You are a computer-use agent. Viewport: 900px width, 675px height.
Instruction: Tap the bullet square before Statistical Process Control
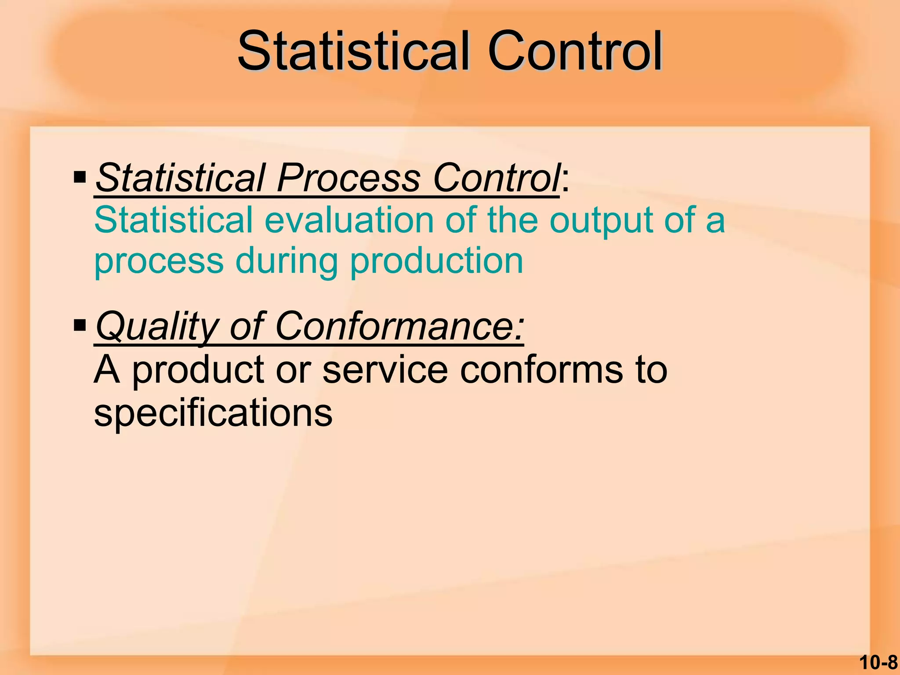click(x=80, y=178)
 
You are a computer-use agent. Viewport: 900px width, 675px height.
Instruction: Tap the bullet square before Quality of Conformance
click(x=80, y=326)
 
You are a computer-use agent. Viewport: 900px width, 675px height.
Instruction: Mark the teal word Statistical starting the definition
click(x=174, y=220)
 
